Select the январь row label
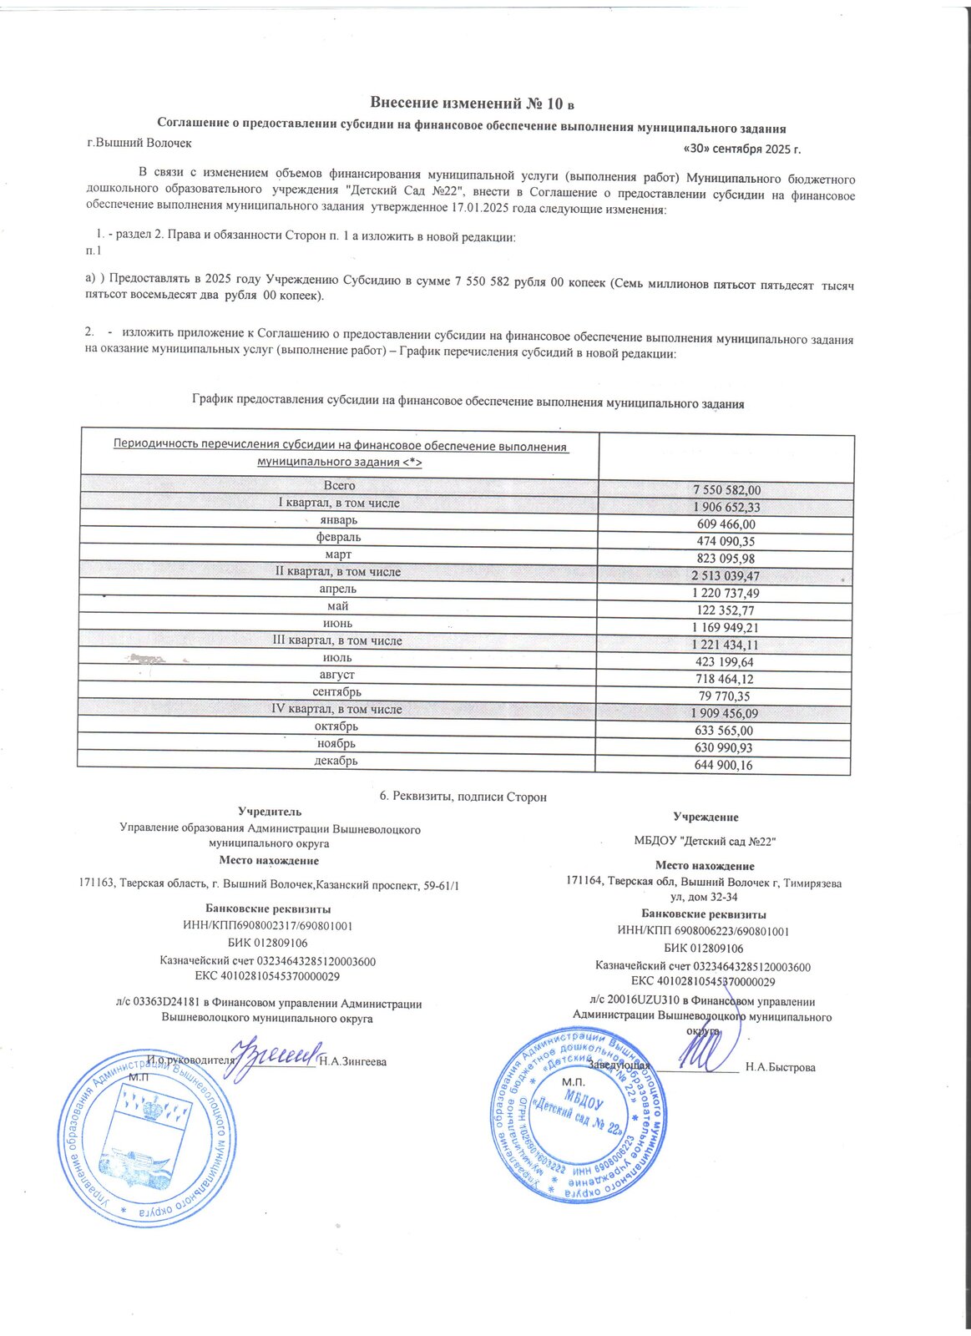click(339, 520)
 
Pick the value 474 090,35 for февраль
click(726, 542)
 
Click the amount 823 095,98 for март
click(726, 559)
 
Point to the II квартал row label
click(338, 572)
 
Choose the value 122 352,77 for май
click(726, 610)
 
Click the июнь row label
click(337, 624)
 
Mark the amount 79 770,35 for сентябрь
click(726, 696)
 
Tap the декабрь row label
click(336, 761)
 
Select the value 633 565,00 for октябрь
click(724, 731)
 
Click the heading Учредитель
click(270, 811)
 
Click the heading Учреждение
click(705, 817)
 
